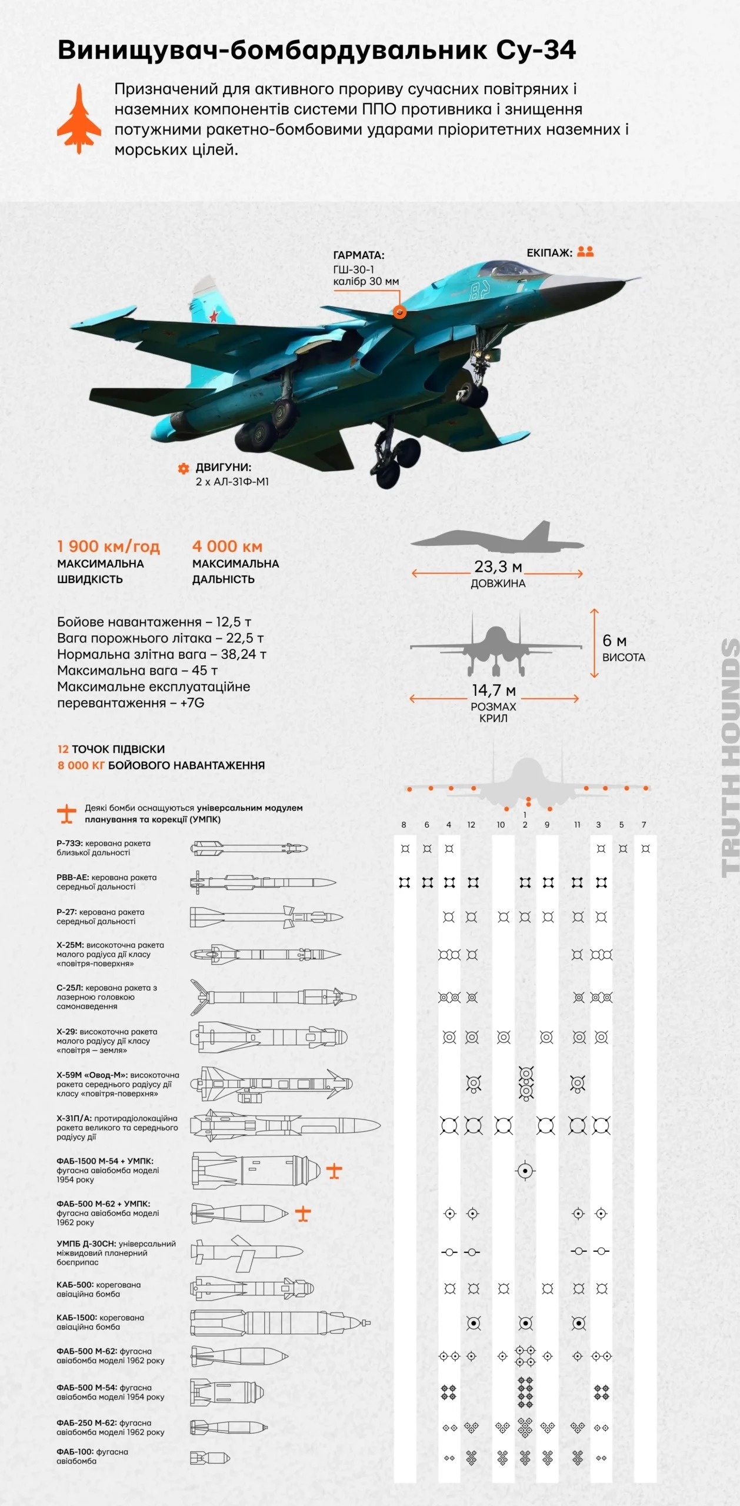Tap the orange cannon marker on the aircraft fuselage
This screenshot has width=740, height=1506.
tap(399, 312)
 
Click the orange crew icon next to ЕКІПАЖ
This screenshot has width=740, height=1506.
tap(585, 252)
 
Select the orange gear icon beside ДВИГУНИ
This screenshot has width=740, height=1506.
tap(184, 468)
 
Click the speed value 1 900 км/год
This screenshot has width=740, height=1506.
tap(108, 547)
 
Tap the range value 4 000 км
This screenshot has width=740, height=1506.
tap(227, 547)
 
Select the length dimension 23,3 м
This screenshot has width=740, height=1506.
tap(498, 567)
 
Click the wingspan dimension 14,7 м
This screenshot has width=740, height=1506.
tap(494, 690)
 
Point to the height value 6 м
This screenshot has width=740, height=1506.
tap(614, 641)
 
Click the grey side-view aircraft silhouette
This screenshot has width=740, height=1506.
tap(497, 538)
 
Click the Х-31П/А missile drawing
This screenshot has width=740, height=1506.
tap(285, 1126)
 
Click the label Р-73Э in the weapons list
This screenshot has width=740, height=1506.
tap(70, 844)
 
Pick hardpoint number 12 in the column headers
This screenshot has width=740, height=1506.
tap(471, 825)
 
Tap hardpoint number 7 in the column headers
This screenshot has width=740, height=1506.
tap(644, 825)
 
